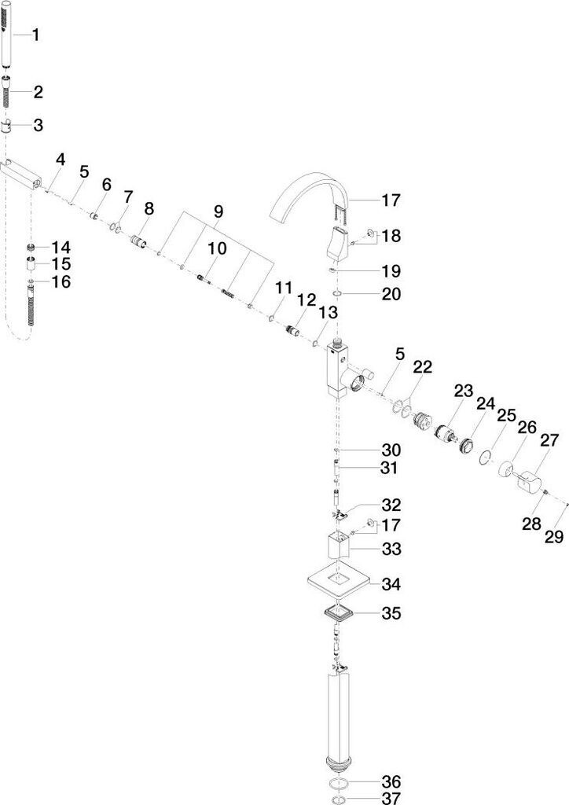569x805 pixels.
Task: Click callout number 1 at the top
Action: pyautogui.click(x=36, y=35)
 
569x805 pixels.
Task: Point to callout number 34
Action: pyautogui.click(x=391, y=584)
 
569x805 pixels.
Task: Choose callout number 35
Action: pyautogui.click(x=391, y=612)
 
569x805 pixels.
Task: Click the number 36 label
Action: pyautogui.click(x=391, y=781)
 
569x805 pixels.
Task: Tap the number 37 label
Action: pyautogui.click(x=391, y=799)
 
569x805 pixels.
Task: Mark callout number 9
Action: pyautogui.click(x=218, y=211)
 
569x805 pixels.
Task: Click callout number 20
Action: pyautogui.click(x=391, y=294)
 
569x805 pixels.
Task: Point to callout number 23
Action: pyautogui.click(x=464, y=390)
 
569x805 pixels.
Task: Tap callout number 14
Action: pyautogui.click(x=61, y=247)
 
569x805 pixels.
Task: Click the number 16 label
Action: pyautogui.click(x=61, y=281)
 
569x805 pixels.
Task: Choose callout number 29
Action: pyautogui.click(x=555, y=537)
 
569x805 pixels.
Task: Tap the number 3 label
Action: pyautogui.click(x=38, y=125)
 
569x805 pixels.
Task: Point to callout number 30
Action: pyautogui.click(x=391, y=450)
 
